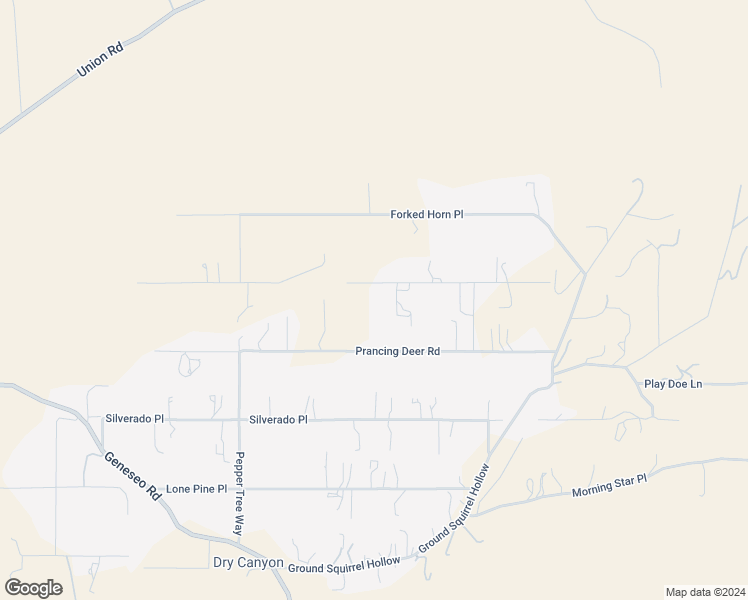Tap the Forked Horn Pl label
coord(427,214)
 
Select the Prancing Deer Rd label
coord(397,351)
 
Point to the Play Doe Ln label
coord(673,383)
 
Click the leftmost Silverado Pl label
coord(134,419)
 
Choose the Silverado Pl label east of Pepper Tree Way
coord(278,420)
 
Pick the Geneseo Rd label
coord(132,476)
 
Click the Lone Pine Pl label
coord(191,489)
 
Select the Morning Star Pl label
coord(609,486)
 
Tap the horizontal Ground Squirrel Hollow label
coord(344,565)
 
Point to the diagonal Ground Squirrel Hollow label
coord(454,508)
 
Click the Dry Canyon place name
coord(248,563)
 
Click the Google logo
coord(33,587)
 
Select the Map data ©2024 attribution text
coord(704,591)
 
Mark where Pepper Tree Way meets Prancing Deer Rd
coord(240,351)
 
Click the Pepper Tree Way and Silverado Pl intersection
coord(240,420)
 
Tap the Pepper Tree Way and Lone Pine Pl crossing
coord(240,488)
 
